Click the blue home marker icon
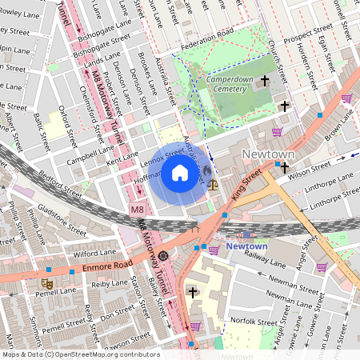click(180, 173)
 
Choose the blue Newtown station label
click(246, 246)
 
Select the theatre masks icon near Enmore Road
click(47, 282)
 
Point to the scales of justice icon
click(212, 183)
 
